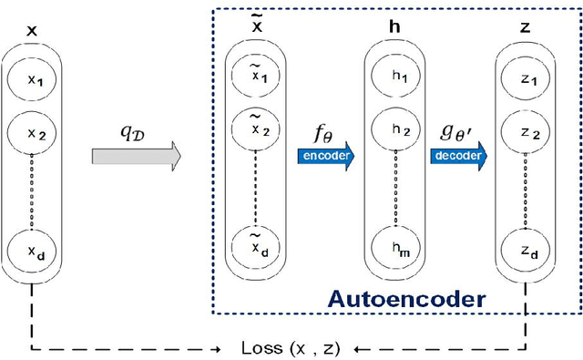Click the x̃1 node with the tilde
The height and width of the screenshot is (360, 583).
pyautogui.click(x=256, y=78)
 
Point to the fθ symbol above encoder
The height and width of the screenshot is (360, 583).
pyautogui.click(x=323, y=135)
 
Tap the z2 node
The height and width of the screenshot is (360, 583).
pyautogui.click(x=525, y=134)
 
